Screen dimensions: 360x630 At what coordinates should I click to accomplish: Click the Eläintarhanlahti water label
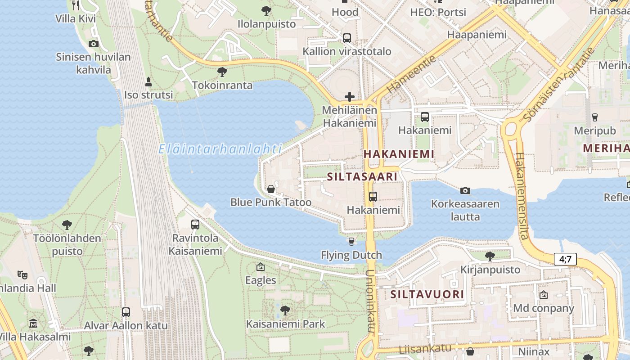click(220, 149)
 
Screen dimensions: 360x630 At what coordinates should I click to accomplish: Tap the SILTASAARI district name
click(362, 176)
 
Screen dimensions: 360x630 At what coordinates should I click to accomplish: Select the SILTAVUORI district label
click(427, 294)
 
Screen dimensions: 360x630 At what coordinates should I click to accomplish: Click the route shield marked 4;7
click(565, 259)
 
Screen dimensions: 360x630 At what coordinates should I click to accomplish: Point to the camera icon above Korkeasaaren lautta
click(465, 190)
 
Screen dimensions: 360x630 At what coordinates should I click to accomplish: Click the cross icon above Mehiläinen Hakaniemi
click(349, 96)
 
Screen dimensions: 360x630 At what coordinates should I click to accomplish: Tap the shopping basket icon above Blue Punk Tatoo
click(271, 189)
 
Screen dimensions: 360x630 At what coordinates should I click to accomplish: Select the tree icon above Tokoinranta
click(222, 72)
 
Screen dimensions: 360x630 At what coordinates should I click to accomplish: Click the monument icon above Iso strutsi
click(148, 82)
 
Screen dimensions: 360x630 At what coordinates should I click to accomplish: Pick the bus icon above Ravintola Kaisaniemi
click(195, 224)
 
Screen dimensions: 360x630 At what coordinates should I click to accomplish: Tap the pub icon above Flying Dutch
click(351, 242)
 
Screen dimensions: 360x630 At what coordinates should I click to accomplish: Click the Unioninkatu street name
click(370, 301)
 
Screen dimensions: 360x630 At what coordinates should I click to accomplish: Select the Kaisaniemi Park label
click(285, 324)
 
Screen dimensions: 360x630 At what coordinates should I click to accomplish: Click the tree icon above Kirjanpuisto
click(490, 256)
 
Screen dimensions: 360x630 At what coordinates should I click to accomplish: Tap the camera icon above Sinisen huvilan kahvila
click(94, 44)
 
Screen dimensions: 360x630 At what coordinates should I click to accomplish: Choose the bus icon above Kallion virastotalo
click(346, 38)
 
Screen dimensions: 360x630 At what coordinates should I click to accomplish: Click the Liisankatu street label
click(425, 348)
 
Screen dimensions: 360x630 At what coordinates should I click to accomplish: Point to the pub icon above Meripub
click(595, 117)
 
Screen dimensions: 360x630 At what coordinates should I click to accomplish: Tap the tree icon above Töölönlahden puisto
click(67, 224)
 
